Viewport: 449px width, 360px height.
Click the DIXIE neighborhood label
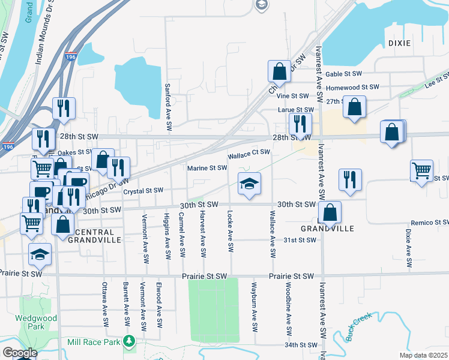click(x=399, y=43)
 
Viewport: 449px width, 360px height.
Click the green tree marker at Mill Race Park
click(x=128, y=341)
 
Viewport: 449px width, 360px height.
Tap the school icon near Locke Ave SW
click(x=249, y=184)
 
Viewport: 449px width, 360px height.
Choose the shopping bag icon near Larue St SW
click(x=355, y=107)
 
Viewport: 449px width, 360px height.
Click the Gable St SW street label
click(x=343, y=74)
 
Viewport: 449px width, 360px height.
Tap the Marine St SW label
click(x=207, y=168)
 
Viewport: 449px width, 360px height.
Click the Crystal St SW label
click(x=143, y=191)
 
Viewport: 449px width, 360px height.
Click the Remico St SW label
click(x=427, y=223)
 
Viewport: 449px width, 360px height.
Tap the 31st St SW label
click(x=300, y=240)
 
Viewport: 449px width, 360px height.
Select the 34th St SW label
click(x=300, y=345)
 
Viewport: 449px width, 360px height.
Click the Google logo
click(x=20, y=353)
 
